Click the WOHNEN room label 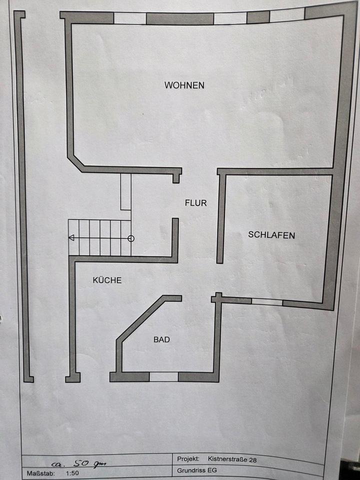click(184, 85)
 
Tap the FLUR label click(195, 203)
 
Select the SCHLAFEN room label click(271, 235)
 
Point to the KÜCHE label click(107, 280)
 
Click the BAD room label click(161, 340)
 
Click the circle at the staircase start click(131, 238)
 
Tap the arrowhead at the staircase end click(71, 238)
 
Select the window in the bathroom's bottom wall click(164, 376)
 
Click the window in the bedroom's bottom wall click(267, 302)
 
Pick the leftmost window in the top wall click(130, 18)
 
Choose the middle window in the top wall click(230, 18)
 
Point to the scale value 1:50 click(72, 472)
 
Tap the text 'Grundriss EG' click(197, 470)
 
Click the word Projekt click(188, 458)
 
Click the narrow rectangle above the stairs click(125, 192)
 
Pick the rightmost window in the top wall click(287, 15)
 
